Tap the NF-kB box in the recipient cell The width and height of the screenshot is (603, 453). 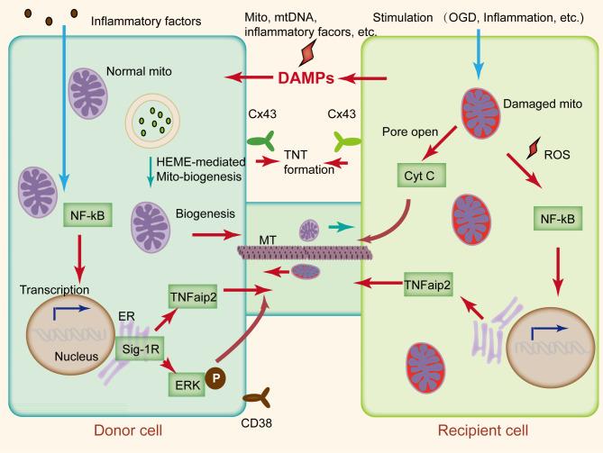pos(553,216)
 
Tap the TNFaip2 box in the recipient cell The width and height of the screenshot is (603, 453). pos(429,281)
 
